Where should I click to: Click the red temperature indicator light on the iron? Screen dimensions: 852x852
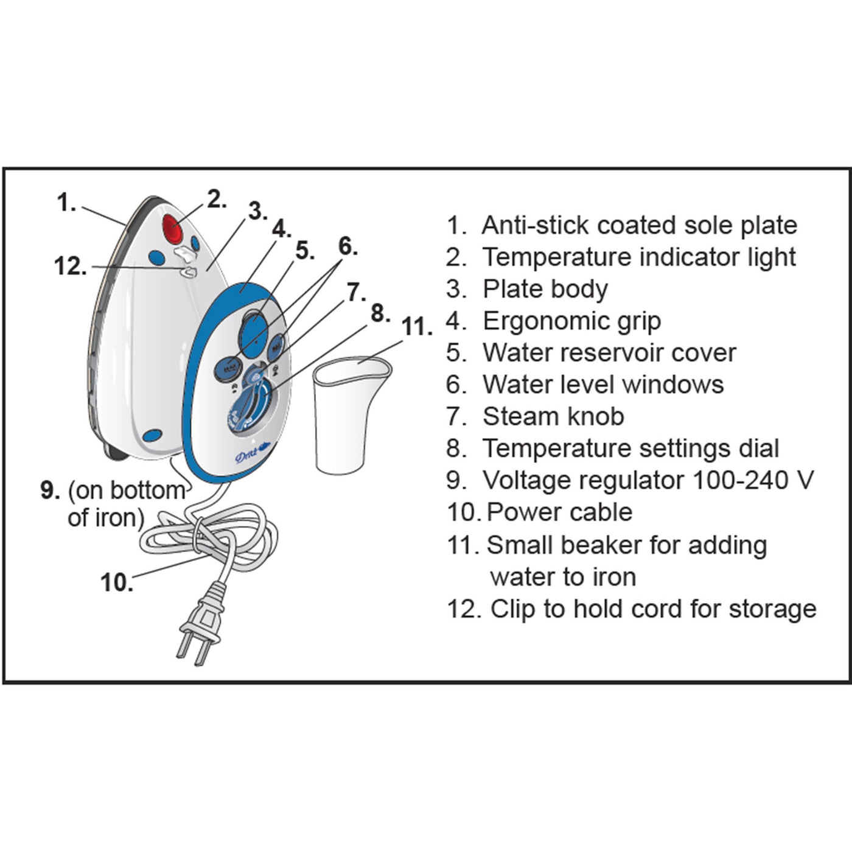click(x=172, y=229)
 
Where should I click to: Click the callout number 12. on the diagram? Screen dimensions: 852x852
click(x=71, y=267)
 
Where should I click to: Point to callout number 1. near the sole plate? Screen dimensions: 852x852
click(x=66, y=203)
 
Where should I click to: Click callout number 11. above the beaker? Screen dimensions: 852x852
click(x=416, y=327)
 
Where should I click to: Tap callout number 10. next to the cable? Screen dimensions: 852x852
click(x=117, y=582)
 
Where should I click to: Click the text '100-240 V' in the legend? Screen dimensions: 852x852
click(x=753, y=480)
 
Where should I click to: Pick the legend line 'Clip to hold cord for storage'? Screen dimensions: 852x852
click(x=652, y=609)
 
